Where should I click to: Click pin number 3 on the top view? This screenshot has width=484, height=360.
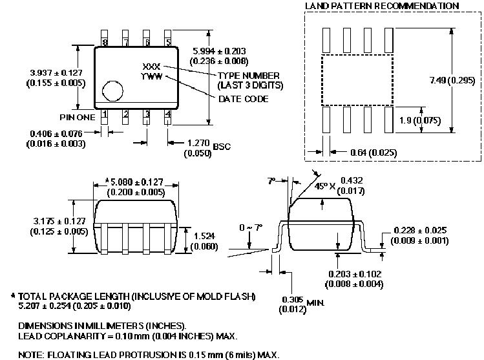coord(147,114)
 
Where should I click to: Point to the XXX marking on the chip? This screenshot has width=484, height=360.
coord(151,67)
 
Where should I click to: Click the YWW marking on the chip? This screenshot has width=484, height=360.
coord(151,76)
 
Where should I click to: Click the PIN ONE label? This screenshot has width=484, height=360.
coord(78,118)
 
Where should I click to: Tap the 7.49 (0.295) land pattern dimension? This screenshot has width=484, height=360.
coord(451,81)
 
